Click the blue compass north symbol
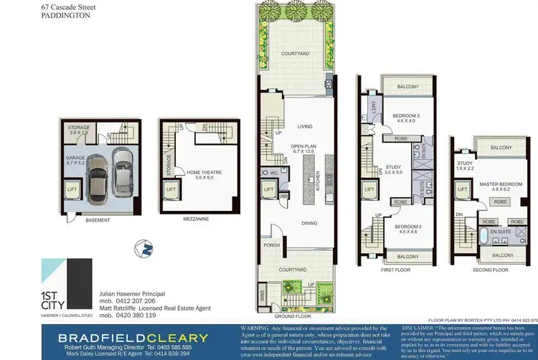[x=146, y=250]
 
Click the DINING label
[x=309, y=224]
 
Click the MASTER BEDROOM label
[x=501, y=184]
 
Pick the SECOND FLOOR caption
[x=490, y=270]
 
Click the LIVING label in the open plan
[x=306, y=126]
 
